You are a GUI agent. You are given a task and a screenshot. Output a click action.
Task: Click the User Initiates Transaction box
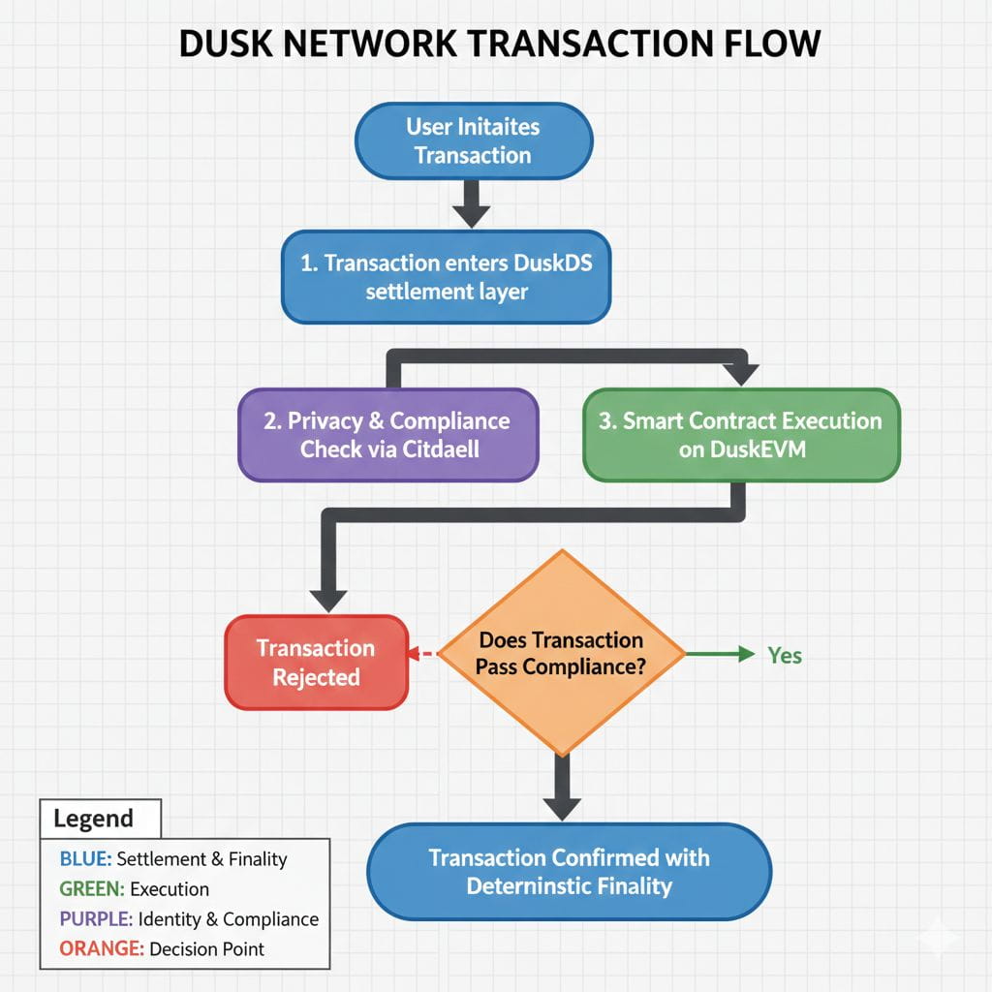[473, 140]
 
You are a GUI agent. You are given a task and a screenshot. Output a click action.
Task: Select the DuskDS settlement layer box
[446, 276]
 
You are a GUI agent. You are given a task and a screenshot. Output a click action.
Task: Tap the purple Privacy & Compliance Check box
[388, 435]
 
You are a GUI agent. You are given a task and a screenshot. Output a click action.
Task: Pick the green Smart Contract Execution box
[741, 435]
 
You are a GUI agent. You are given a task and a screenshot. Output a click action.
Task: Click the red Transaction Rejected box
[316, 663]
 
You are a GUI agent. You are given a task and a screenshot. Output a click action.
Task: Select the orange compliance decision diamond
[561, 654]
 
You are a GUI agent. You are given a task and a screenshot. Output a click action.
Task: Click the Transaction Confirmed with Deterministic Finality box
[569, 872]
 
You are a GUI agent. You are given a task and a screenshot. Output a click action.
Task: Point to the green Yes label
[785, 656]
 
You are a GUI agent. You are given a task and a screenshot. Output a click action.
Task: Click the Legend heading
[93, 819]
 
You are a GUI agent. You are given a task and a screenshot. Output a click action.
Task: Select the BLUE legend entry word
[85, 859]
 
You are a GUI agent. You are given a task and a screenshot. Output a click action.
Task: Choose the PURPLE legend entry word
[95, 919]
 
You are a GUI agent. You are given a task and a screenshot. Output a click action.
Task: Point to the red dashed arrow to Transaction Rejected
[423, 655]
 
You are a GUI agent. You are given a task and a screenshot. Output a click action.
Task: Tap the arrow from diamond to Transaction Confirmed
[561, 787]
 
